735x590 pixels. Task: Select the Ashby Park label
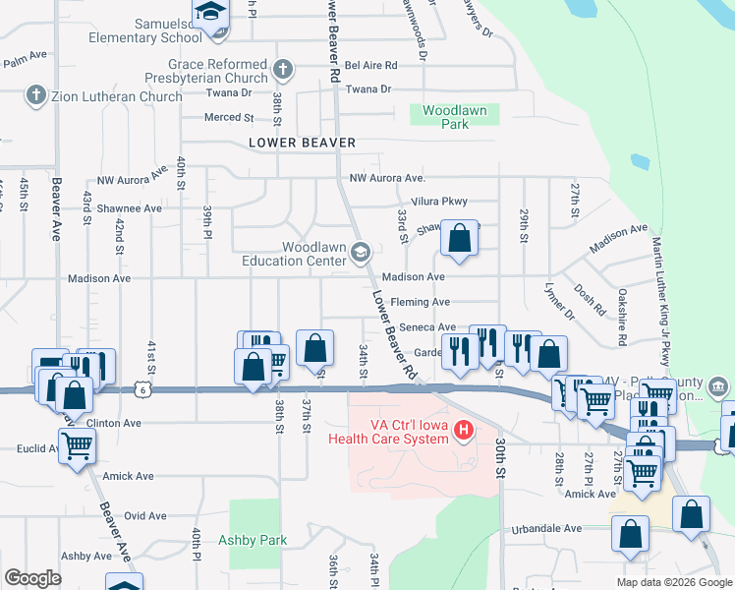(x=253, y=540)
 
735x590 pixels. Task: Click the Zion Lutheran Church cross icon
(x=35, y=96)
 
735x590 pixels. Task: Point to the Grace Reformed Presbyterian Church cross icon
(x=283, y=70)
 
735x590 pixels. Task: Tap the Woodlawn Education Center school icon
(x=361, y=254)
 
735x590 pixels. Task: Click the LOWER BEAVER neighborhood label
(x=302, y=143)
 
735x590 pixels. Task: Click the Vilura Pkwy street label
(x=438, y=201)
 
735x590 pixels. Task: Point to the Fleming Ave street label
(x=420, y=302)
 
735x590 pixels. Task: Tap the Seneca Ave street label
(x=426, y=327)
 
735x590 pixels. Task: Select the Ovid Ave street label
(x=145, y=515)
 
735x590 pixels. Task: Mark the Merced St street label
(x=228, y=117)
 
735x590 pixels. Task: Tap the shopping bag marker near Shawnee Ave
(x=459, y=239)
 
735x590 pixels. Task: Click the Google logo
(x=32, y=578)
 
